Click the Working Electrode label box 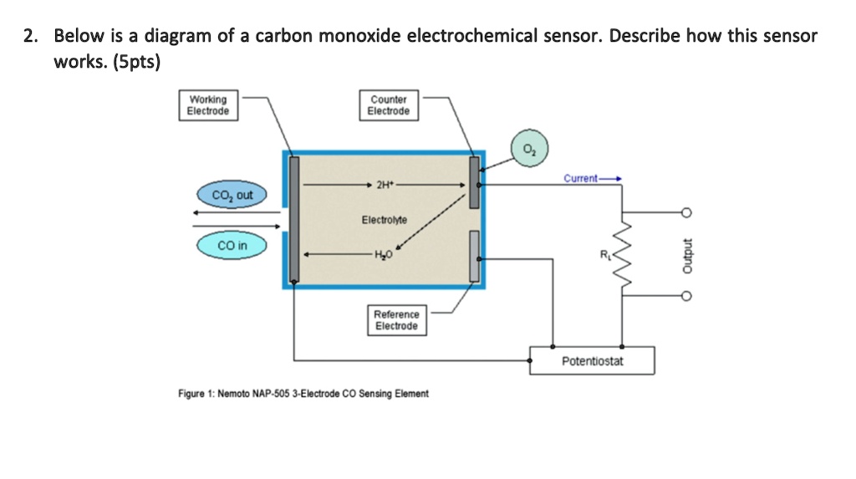click(207, 105)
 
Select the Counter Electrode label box click(389, 105)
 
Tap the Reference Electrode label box click(396, 320)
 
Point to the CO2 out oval click(232, 196)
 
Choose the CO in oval click(232, 245)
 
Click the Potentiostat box click(592, 361)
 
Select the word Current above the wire click(580, 178)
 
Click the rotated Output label click(687, 254)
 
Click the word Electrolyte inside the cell click(384, 220)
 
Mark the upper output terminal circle click(686, 211)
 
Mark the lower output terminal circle click(686, 296)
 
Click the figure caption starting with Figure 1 click(303, 394)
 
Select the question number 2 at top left click(29, 36)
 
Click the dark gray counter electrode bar click(474, 182)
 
